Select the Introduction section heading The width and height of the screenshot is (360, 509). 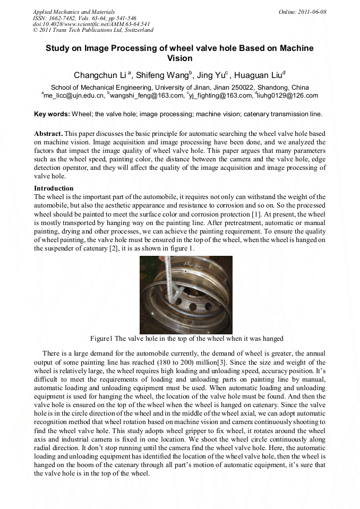pyautogui.click(x=54, y=188)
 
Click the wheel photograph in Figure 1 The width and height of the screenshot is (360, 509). pyautogui.click(x=186, y=295)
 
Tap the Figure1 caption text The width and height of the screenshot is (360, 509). pyautogui.click(x=187, y=339)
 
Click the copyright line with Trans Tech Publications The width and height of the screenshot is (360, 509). pyautogui.click(x=93, y=30)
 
